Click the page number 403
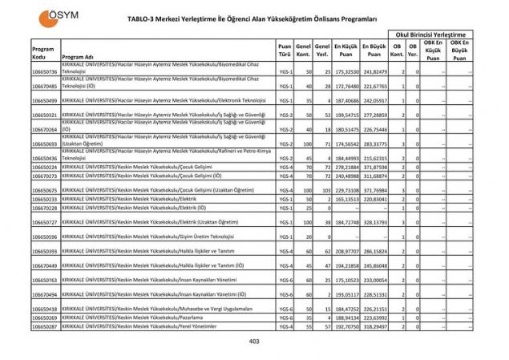point(254,342)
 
